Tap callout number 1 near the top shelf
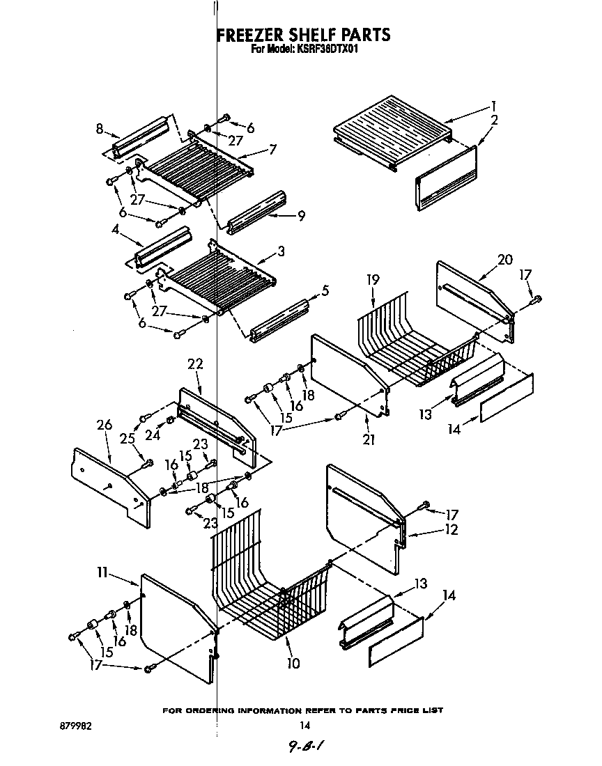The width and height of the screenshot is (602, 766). point(493,106)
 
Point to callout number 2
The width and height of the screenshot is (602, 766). point(493,120)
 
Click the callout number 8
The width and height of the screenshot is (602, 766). point(100,128)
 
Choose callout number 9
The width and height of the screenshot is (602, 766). point(301,216)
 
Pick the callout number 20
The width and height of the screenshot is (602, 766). point(504,260)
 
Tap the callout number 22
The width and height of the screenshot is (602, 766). point(195,364)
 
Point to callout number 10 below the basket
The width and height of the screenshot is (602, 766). point(293,664)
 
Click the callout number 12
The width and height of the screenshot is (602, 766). point(451,530)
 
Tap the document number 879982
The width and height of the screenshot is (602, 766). point(77,726)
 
